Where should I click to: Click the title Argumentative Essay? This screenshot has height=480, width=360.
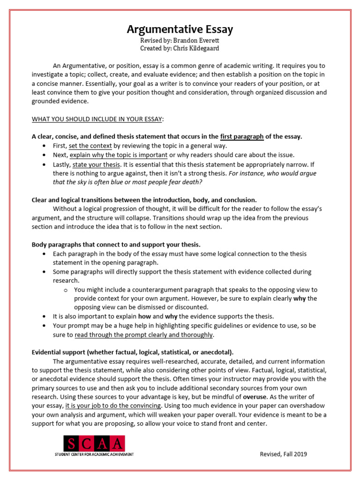tap(180, 30)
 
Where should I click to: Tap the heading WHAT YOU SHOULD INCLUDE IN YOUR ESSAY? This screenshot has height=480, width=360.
tap(97, 119)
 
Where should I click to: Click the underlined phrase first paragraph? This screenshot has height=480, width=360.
tap(242, 136)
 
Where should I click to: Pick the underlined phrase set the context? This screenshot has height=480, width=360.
tap(90, 146)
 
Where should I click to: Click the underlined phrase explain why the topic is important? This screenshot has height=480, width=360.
tap(119, 155)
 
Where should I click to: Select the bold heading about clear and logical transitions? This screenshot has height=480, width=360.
tap(144, 200)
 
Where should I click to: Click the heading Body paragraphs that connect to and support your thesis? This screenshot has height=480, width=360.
tap(116, 245)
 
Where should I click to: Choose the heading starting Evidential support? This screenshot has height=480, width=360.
tap(133, 352)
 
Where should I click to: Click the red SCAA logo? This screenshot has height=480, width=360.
tap(95, 443)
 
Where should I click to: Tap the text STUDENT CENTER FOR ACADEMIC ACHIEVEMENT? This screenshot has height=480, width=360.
tap(94, 455)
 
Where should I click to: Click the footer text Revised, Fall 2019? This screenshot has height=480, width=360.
tap(284, 454)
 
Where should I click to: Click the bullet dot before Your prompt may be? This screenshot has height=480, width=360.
tap(44, 325)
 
